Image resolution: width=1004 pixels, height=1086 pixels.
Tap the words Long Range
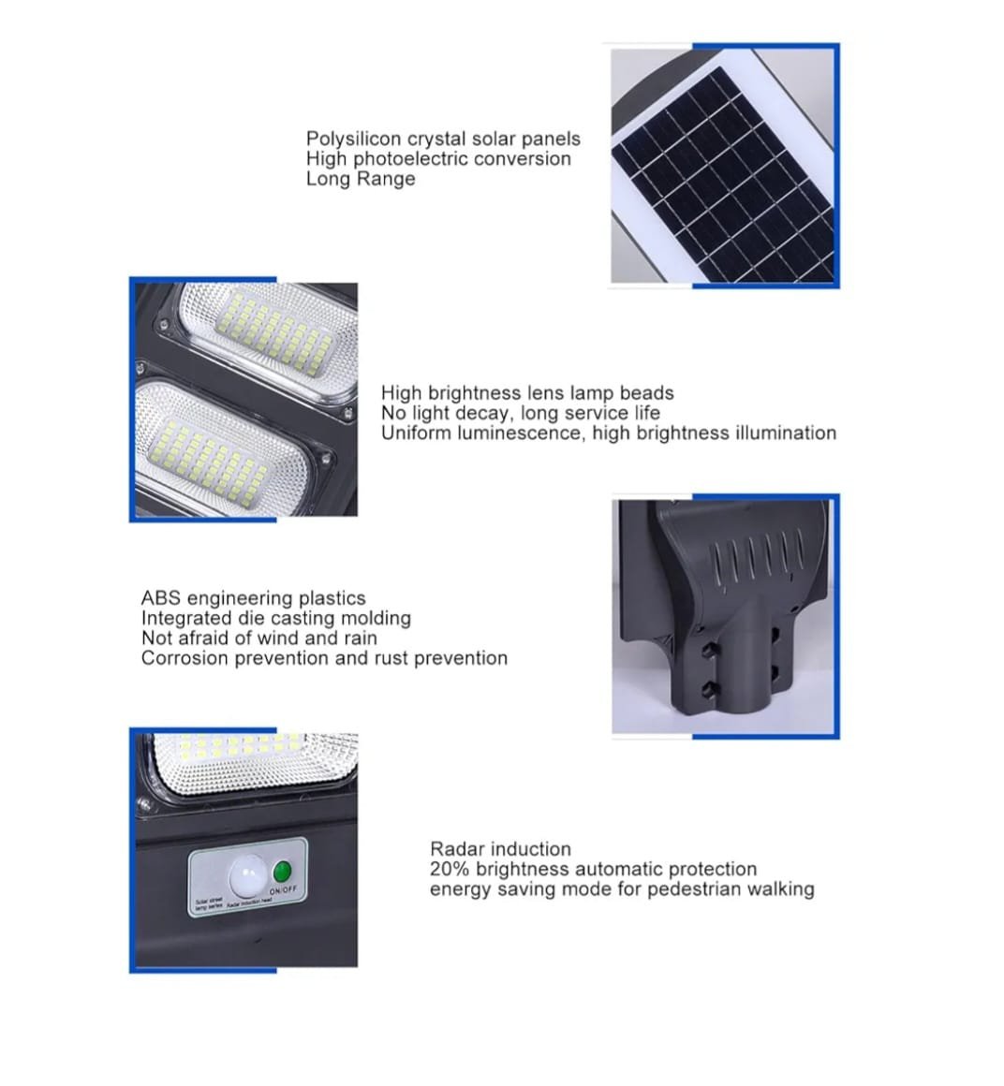[361, 179]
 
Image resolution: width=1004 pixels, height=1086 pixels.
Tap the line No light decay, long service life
[520, 413]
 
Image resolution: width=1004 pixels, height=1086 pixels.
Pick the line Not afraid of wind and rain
[259, 638]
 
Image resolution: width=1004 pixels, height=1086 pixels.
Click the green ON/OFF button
[284, 870]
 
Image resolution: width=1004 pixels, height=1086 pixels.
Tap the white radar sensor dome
[246, 877]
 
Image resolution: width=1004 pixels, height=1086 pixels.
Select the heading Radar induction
[500, 849]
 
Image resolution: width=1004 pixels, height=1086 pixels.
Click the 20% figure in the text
[450, 869]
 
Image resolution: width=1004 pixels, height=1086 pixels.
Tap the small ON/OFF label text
[283, 889]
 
